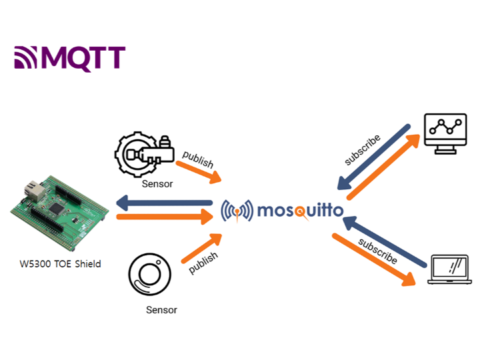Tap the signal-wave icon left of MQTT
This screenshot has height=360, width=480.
click(27, 59)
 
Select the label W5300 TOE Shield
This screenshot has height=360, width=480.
click(60, 264)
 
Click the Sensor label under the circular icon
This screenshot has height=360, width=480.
click(162, 309)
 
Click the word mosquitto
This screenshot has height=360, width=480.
click(300, 211)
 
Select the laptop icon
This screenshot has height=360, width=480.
click(449, 270)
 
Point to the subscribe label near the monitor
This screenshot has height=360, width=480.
click(362, 150)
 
